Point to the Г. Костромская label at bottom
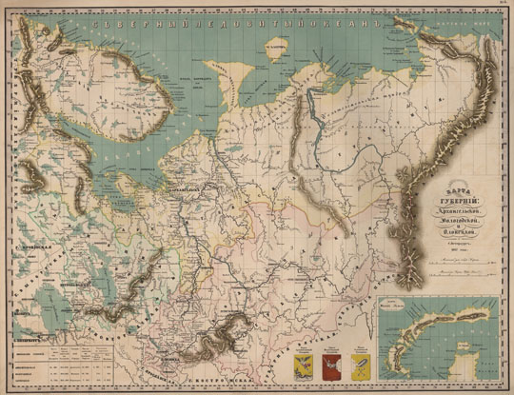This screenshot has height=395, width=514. coord(236,382)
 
